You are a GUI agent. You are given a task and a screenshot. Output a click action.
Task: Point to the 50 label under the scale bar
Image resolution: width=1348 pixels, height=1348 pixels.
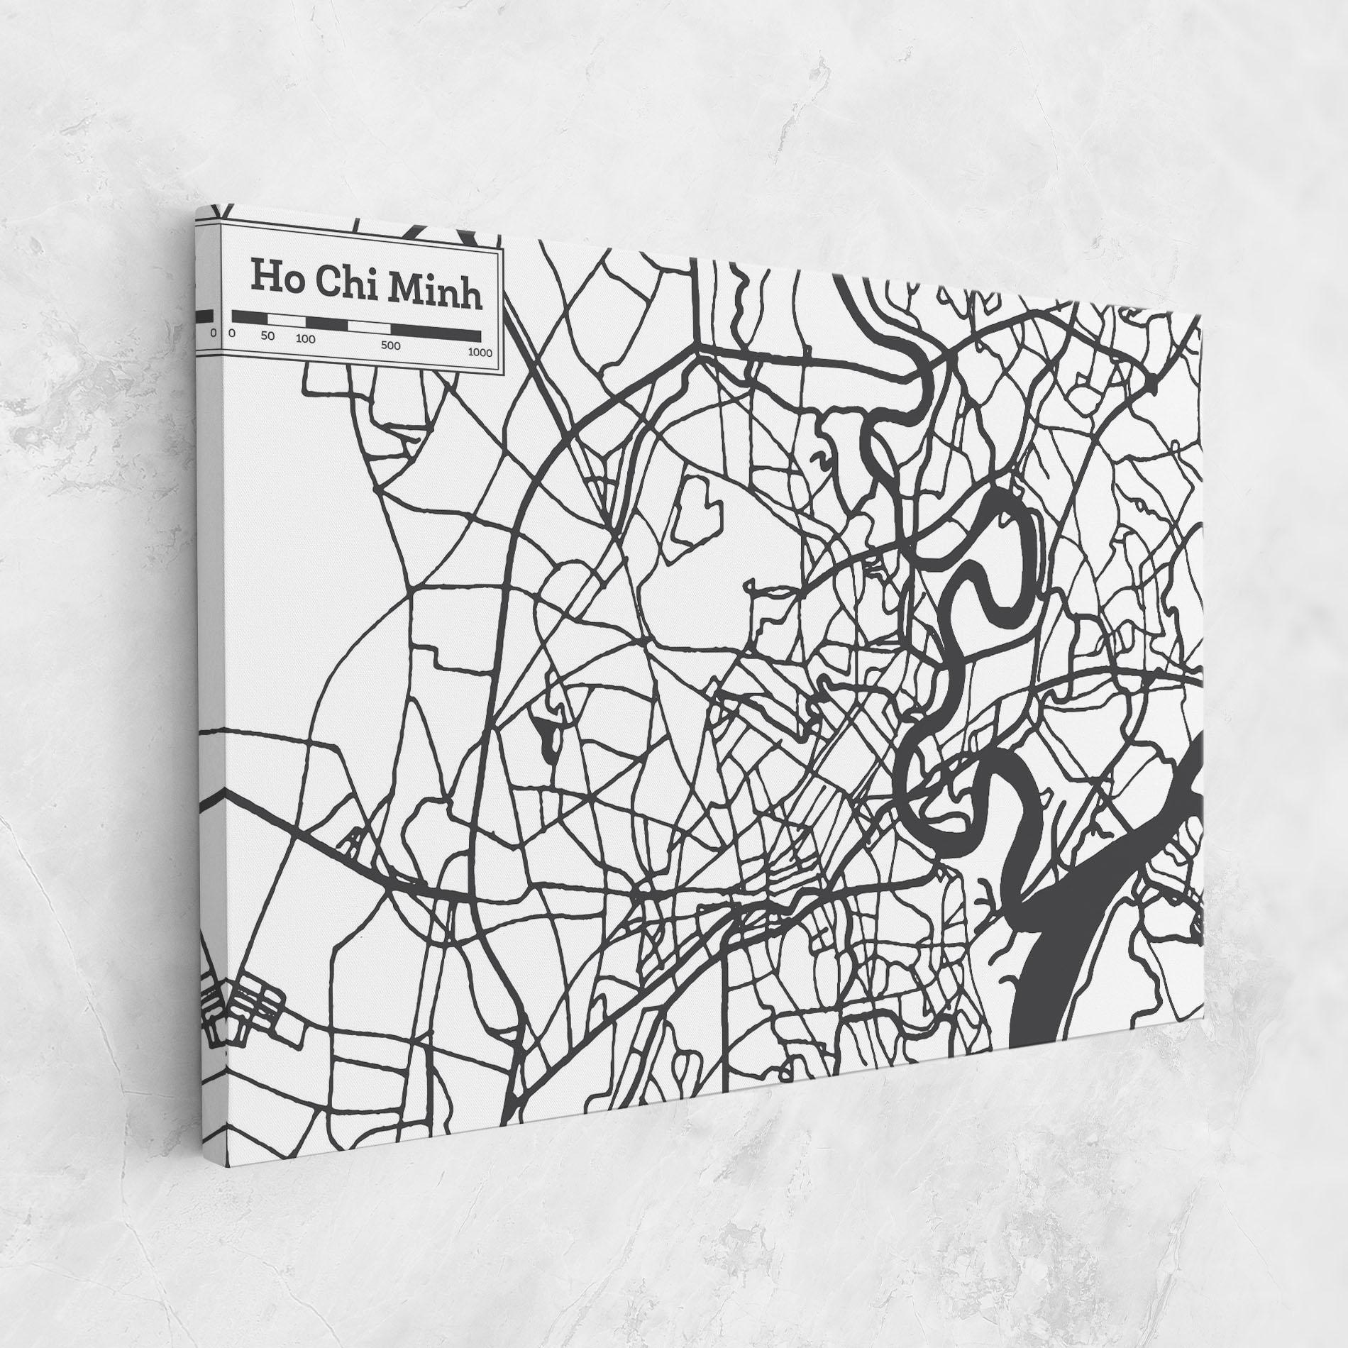click(x=267, y=336)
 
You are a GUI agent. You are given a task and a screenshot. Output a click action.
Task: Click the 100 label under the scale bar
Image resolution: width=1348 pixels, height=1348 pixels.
click(x=305, y=339)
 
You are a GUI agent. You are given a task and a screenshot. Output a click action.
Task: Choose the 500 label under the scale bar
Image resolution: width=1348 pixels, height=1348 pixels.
click(x=390, y=346)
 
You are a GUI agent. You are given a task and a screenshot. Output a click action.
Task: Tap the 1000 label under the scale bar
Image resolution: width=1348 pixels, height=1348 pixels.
click(x=480, y=353)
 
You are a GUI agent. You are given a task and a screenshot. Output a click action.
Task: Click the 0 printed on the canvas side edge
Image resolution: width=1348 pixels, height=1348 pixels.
click(x=212, y=331)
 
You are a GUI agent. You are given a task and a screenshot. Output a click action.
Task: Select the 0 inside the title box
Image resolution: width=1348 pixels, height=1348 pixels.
click(x=231, y=333)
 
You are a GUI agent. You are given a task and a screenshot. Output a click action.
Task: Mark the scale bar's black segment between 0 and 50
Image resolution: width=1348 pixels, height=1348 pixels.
click(x=250, y=317)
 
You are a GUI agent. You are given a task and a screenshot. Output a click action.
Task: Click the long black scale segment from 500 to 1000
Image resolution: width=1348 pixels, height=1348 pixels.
click(x=436, y=333)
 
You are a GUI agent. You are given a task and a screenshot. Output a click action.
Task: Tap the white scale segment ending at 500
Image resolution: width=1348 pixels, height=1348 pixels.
click(x=368, y=327)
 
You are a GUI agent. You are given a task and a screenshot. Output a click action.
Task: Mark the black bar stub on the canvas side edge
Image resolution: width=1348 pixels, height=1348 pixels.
click(x=204, y=316)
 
